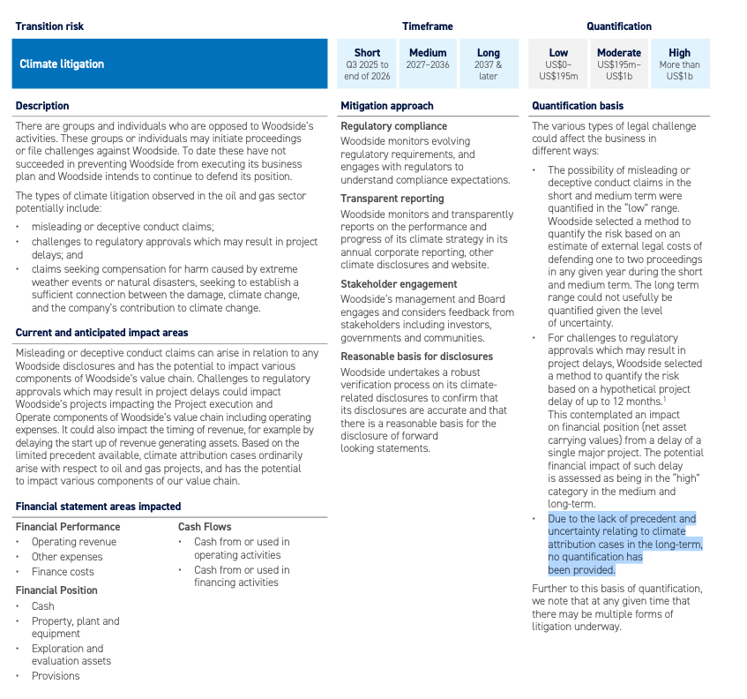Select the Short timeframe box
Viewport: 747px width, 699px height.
(x=367, y=64)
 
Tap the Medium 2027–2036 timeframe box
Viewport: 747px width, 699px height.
(x=428, y=64)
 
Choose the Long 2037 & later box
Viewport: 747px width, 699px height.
(x=488, y=64)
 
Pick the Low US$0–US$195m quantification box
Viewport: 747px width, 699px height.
(x=558, y=64)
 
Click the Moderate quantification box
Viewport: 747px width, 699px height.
(x=618, y=64)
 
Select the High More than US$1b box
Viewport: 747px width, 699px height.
(x=679, y=64)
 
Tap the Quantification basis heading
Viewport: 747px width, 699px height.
(x=577, y=106)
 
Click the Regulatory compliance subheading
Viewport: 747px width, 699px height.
(x=393, y=126)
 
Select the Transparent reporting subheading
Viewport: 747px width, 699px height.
(x=392, y=199)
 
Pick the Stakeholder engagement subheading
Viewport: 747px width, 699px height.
(x=399, y=284)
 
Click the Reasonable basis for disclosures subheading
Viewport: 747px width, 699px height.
(x=416, y=357)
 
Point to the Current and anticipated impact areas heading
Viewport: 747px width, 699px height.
(x=101, y=333)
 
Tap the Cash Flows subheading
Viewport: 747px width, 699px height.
(x=205, y=527)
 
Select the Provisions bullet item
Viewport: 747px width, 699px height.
(x=56, y=676)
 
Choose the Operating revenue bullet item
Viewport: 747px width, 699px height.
(x=75, y=542)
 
